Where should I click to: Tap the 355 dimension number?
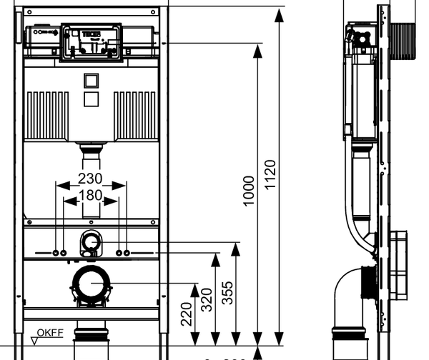tap(228, 292)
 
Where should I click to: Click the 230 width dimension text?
tap(91, 179)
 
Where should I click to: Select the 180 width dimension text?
tap(91, 195)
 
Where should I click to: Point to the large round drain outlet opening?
tap(91, 286)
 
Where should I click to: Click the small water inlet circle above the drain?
tap(91, 241)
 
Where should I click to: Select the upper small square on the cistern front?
tap(91, 80)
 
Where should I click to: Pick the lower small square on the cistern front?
tap(91, 99)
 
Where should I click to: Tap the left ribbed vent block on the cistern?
tap(48, 114)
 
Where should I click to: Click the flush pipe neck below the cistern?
tap(91, 151)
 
